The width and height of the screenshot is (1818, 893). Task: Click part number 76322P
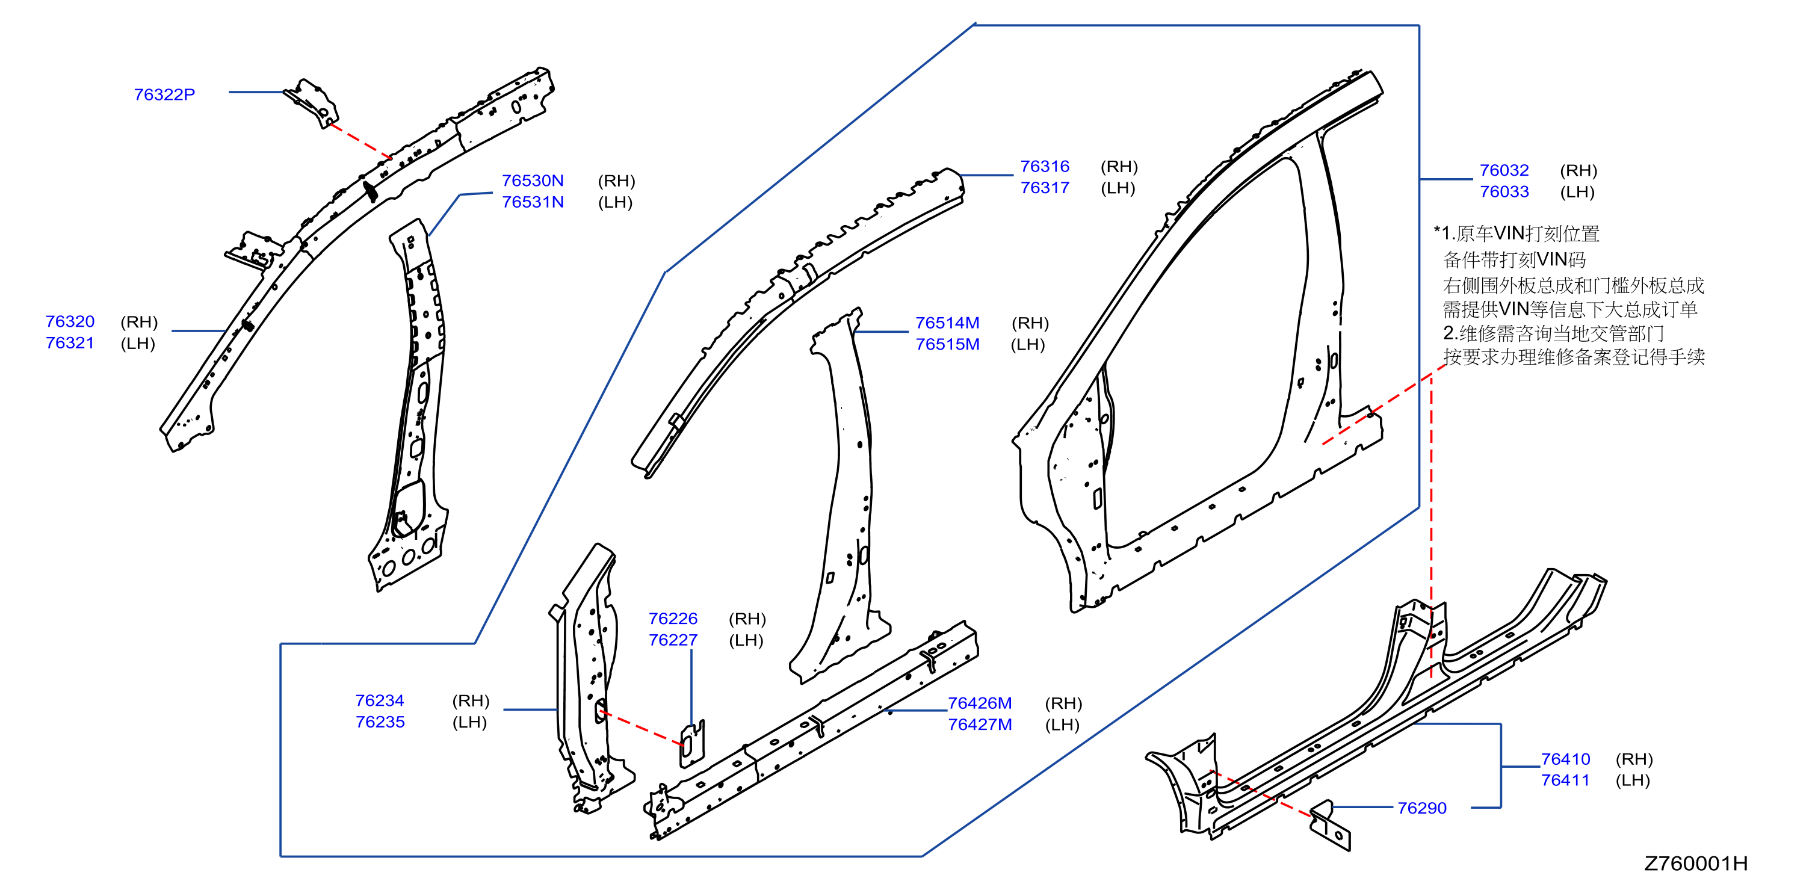coord(164,94)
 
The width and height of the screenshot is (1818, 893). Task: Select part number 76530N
coord(533,181)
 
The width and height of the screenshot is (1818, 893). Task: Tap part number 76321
coord(70,343)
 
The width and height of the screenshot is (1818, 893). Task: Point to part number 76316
coord(1045,167)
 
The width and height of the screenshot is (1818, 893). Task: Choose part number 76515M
coord(947,344)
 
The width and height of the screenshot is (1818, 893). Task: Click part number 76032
coord(1504,170)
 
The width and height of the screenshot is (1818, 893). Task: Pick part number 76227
coord(673,640)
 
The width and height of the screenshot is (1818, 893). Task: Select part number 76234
coord(380,700)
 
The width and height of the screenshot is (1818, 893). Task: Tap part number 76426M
coord(980,703)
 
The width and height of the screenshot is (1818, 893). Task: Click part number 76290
coord(1421,808)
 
